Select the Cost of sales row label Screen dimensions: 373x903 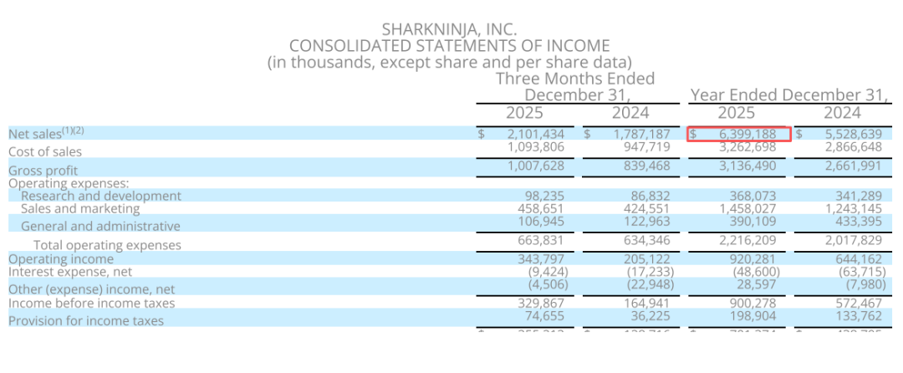click(45, 151)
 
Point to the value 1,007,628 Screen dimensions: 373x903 click(536, 166)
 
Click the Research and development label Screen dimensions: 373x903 click(100, 196)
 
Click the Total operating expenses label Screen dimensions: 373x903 click(107, 245)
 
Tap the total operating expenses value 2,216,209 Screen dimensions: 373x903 click(747, 241)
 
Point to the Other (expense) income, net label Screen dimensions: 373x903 click(76, 289)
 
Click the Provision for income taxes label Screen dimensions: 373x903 click(86, 320)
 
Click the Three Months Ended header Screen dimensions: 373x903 click(575, 79)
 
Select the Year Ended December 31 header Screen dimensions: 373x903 click(788, 95)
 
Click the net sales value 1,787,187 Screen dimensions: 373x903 click(641, 134)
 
